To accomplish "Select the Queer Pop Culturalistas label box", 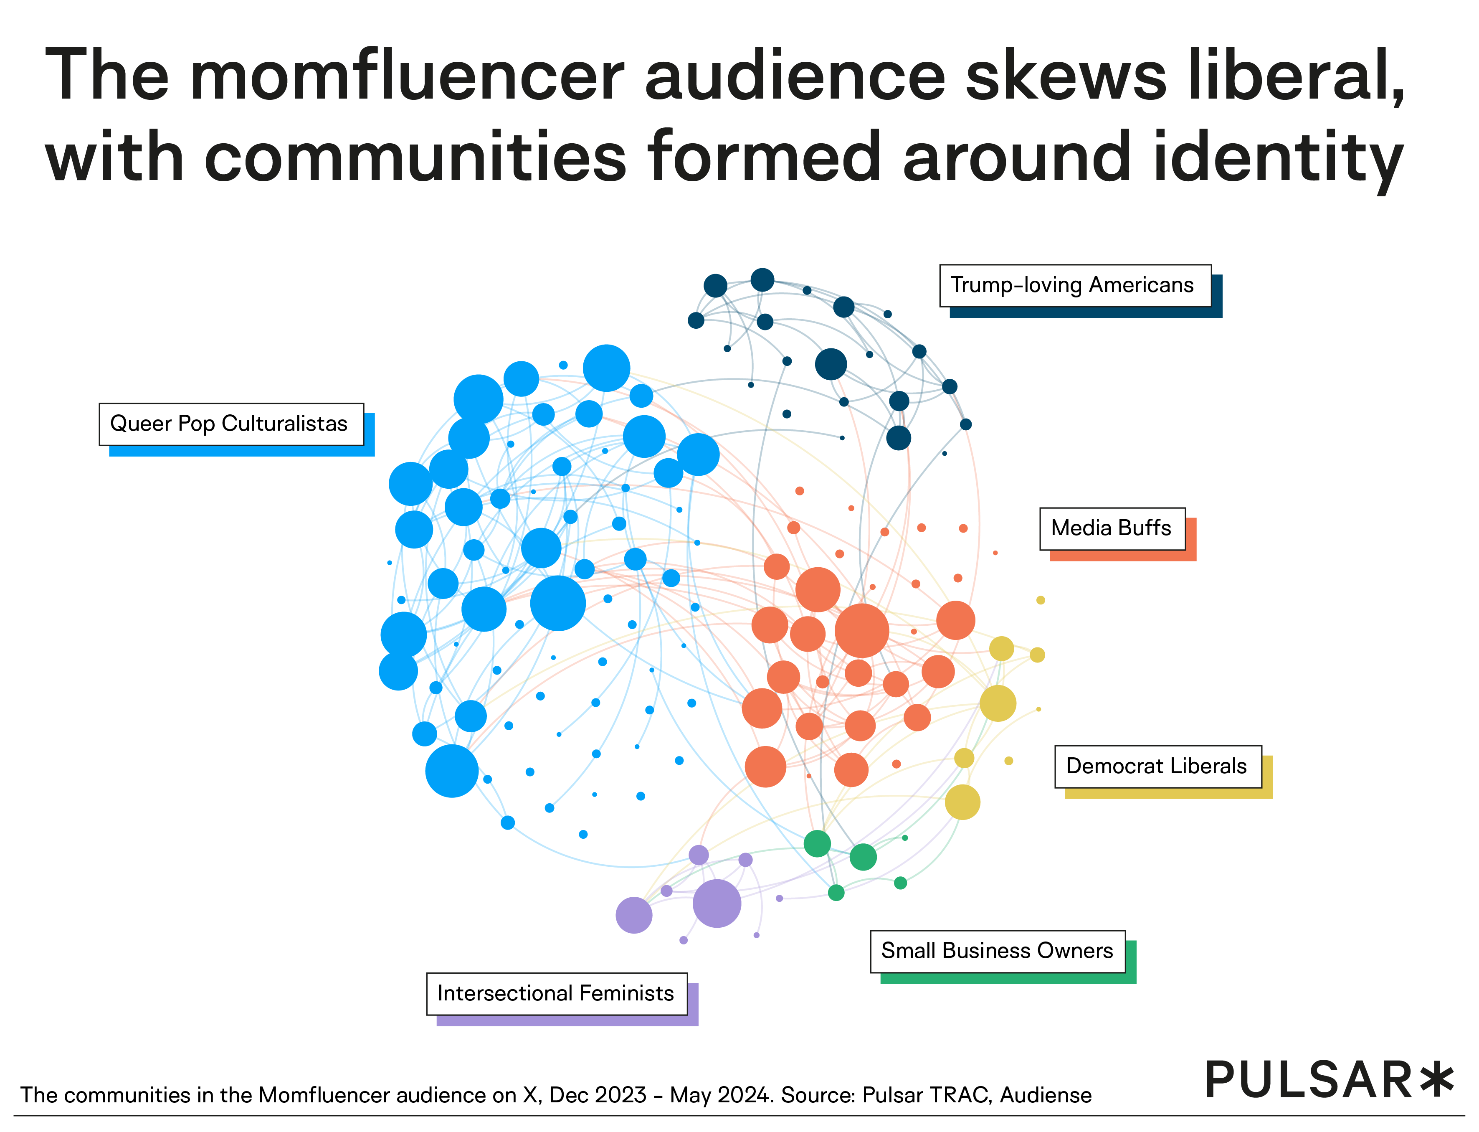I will tap(231, 424).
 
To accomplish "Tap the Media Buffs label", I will tap(1112, 528).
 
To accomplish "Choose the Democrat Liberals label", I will tap(1157, 766).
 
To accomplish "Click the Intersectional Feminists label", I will tap(556, 993).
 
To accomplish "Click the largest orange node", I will tap(861, 630).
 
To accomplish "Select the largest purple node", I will tap(717, 904).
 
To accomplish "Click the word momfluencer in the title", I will tap(407, 76).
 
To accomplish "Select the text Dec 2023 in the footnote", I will tap(598, 1095).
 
